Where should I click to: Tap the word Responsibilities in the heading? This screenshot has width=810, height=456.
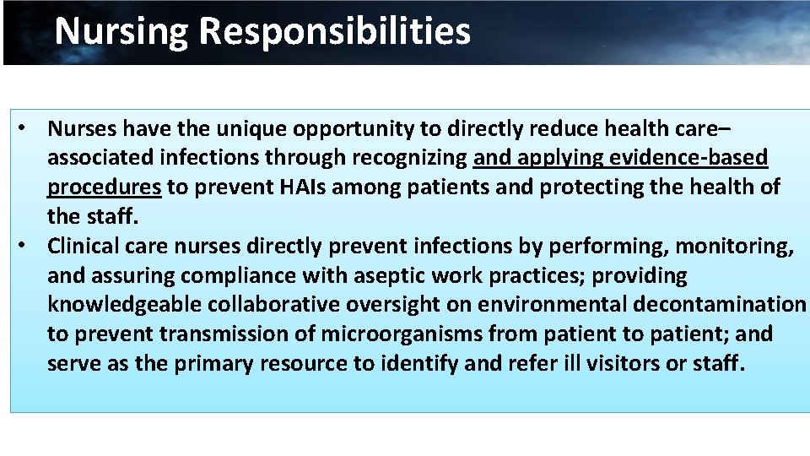[335, 31]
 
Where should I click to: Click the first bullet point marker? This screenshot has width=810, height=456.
[29, 128]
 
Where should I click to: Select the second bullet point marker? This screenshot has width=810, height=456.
[29, 246]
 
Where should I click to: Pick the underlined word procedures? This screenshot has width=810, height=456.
[104, 187]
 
